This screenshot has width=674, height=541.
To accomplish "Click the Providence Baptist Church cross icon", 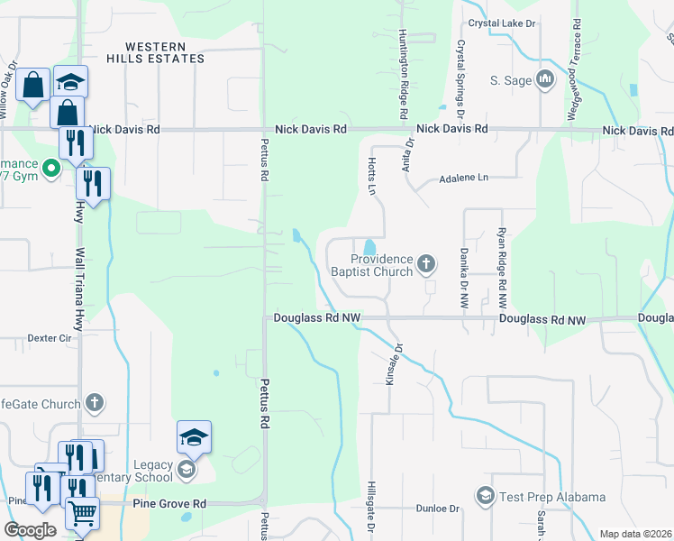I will tap(426, 264).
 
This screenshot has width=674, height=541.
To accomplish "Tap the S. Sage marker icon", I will tap(544, 80).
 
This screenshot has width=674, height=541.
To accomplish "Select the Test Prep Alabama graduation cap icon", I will tap(486, 497).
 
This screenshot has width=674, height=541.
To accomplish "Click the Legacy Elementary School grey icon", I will tap(187, 470).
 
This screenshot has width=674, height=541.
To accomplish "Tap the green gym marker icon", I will tap(52, 167).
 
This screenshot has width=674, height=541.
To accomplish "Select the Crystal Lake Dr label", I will tap(500, 23).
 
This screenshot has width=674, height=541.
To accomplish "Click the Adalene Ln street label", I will tap(462, 179).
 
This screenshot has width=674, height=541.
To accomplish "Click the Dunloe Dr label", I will tap(438, 509).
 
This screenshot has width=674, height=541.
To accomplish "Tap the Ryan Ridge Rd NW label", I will tap(502, 267).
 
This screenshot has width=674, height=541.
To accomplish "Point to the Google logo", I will tap(31, 530).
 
